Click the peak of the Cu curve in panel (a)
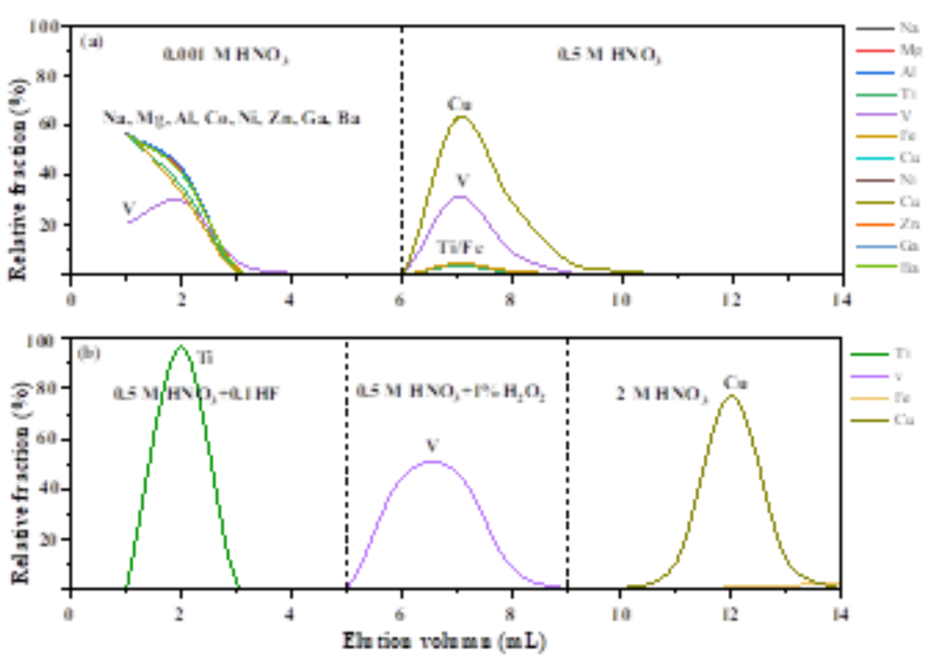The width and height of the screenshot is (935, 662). click(x=462, y=117)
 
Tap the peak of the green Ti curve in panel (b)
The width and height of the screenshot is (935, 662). click(x=181, y=346)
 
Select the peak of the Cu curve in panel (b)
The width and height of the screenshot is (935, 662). click(x=731, y=396)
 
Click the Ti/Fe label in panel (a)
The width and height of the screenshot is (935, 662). click(x=460, y=248)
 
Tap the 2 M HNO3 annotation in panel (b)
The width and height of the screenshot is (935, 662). click(x=661, y=394)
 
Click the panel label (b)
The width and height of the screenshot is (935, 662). click(x=89, y=353)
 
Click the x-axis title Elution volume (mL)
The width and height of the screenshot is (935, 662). click(x=444, y=640)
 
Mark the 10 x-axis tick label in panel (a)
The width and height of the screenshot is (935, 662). click(x=620, y=300)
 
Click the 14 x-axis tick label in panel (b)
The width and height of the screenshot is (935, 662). click(x=840, y=614)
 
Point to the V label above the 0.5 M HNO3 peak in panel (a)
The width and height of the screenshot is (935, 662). click(x=462, y=181)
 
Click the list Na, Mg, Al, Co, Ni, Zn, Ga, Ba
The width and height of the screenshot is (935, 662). click(x=232, y=118)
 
